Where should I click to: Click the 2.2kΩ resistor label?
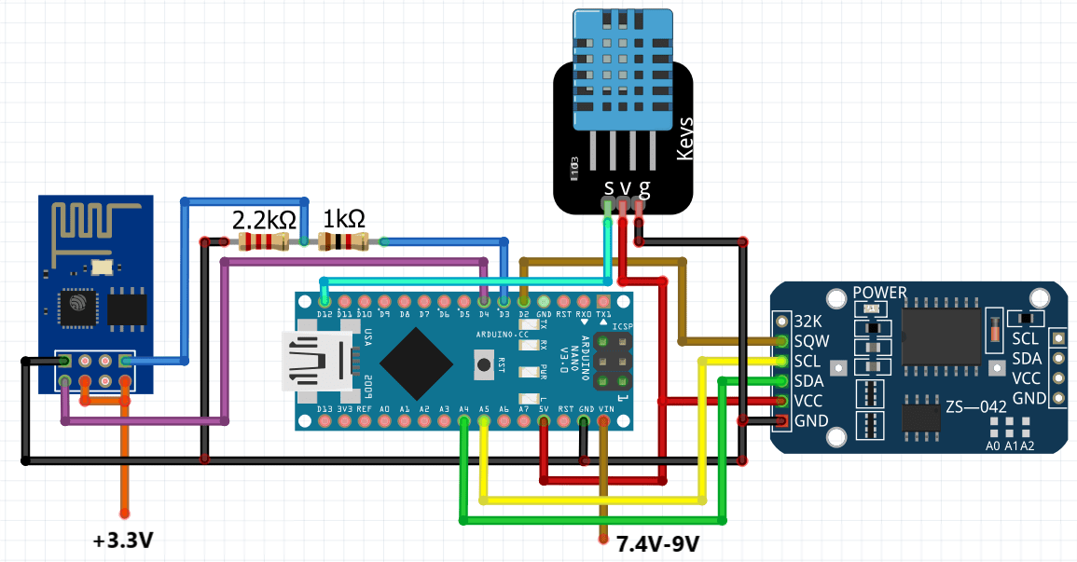[264, 221]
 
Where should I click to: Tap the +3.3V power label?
[123, 540]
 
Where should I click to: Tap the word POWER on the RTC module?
[879, 293]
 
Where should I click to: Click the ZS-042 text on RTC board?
[975, 407]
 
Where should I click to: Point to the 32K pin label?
[809, 320]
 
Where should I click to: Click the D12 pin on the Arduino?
[324, 301]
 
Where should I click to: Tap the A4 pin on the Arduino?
[464, 421]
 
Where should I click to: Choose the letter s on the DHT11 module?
[609, 188]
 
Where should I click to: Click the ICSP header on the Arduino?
[612, 361]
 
